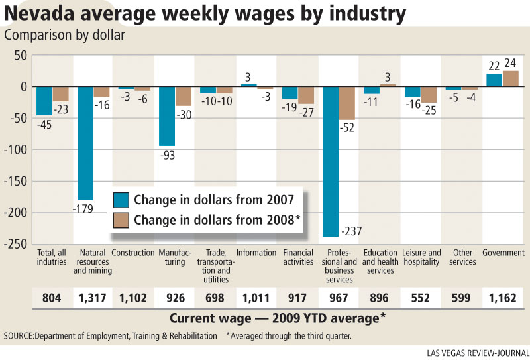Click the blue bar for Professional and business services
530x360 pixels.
[x=331, y=161]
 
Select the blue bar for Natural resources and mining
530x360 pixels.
[x=85, y=143]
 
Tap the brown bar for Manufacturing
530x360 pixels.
[x=184, y=96]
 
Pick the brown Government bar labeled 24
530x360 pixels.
[x=510, y=78]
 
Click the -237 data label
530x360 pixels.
[x=352, y=231]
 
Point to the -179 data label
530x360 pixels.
[x=83, y=209]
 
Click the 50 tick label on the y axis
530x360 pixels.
[x=21, y=55]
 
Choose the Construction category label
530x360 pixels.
[x=133, y=253]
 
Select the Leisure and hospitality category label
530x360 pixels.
[x=421, y=257]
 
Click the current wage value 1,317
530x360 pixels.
[x=92, y=298]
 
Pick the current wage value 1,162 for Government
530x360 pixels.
[x=503, y=298]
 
